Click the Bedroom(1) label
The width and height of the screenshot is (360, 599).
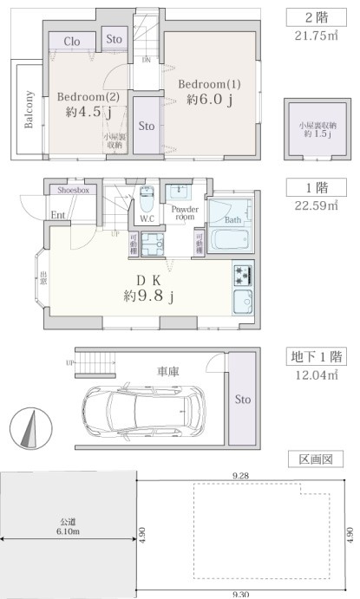pyautogui.click(x=210, y=84)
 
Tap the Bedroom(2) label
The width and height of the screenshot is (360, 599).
pyautogui.click(x=87, y=96)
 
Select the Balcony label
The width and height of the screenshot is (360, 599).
pyautogui.click(x=29, y=110)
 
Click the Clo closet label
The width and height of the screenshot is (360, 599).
pyautogui.click(x=73, y=42)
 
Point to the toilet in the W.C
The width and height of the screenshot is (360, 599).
pyautogui.click(x=146, y=201)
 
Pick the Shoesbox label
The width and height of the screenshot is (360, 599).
pyautogui.click(x=73, y=189)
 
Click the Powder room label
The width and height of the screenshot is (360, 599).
pyautogui.click(x=184, y=212)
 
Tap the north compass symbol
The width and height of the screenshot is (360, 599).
pyautogui.click(x=29, y=430)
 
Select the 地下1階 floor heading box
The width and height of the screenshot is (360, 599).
pyautogui.click(x=316, y=356)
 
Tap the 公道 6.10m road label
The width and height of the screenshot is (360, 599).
pyautogui.click(x=68, y=525)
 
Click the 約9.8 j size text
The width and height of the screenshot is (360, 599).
pyautogui.click(x=149, y=297)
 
